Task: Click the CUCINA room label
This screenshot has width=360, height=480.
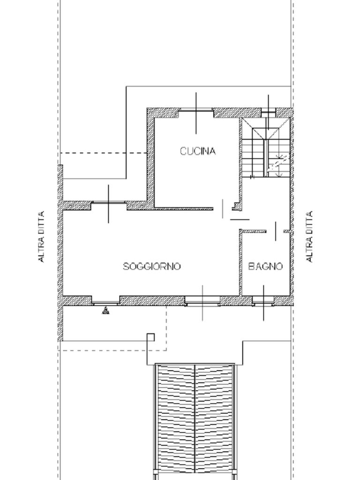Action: [198, 151]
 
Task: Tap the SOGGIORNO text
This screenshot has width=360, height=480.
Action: [152, 266]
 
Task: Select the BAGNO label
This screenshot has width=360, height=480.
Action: [265, 266]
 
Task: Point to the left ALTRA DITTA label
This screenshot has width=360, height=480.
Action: [41, 236]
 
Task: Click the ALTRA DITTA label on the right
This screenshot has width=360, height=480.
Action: [309, 236]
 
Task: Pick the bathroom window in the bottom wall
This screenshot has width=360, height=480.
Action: [263, 301]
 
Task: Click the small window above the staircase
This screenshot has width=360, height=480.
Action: [269, 113]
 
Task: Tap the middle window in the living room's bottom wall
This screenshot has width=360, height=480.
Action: [202, 301]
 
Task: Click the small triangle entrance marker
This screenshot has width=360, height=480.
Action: [105, 311]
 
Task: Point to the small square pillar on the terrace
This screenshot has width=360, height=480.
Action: [150, 337]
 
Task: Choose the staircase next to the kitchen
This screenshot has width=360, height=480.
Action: [266, 148]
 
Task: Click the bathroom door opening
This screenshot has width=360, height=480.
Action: [275, 232]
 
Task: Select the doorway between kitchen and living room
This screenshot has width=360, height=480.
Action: [223, 209]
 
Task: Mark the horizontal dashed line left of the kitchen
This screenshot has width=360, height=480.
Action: [103, 153]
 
